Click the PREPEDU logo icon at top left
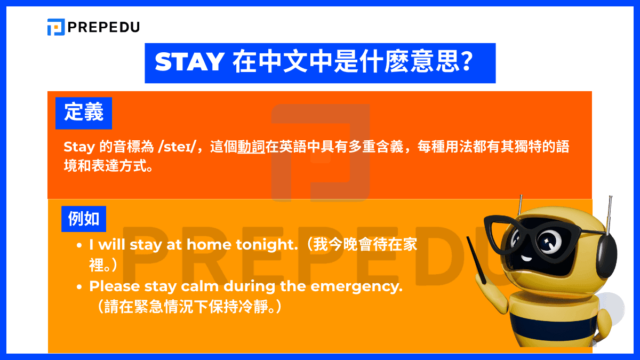coord(55,27)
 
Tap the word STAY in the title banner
coord(189,63)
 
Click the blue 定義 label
coord(84,113)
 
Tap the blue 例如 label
coord(84,218)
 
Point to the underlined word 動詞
coord(251,147)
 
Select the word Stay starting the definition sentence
coord(79,147)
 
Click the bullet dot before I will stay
coord(79,246)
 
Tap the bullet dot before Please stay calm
coord(79,287)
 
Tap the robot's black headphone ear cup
coord(605,251)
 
